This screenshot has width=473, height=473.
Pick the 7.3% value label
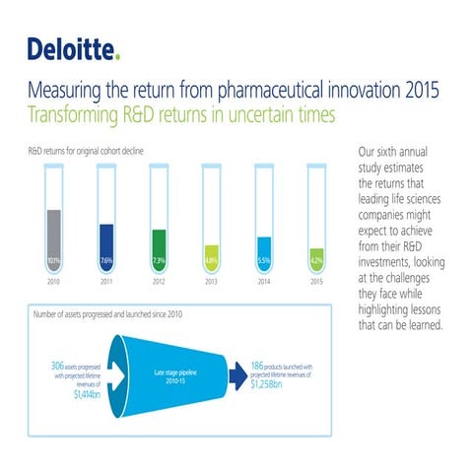pos(159,261)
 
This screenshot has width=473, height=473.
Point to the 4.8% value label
pos(211,261)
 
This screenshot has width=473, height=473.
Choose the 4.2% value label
pos(315,261)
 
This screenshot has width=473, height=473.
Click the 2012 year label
pos(159,282)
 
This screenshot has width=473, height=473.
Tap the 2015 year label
pos(315,282)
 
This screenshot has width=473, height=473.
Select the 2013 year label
pos(211,282)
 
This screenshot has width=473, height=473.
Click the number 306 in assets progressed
pos(58,365)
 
